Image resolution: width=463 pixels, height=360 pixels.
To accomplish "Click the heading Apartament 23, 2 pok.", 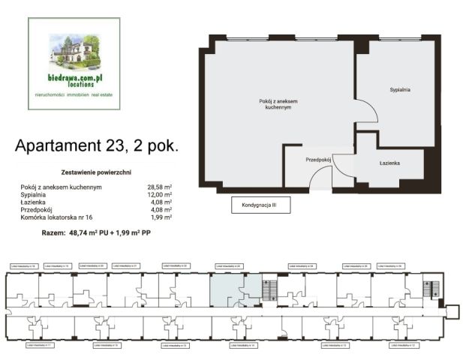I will click(x=97, y=145).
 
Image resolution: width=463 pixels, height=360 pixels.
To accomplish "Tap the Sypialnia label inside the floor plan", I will click(x=399, y=90).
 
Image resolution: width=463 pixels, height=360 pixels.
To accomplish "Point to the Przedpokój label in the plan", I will click(x=319, y=160).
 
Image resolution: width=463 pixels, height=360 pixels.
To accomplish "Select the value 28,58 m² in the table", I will click(x=160, y=187).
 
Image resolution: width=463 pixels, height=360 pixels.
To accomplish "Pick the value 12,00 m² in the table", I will click(x=160, y=194).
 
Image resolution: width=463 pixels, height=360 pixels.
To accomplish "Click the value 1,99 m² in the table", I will click(x=161, y=217).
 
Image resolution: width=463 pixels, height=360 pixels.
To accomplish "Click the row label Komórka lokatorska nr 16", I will click(x=59, y=217).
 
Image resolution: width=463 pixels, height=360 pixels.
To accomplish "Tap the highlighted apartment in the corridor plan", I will click(x=225, y=289).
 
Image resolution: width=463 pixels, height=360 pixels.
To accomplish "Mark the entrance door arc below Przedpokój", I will click(x=320, y=177).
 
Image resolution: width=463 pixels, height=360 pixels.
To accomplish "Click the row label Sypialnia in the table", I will click(x=35, y=194).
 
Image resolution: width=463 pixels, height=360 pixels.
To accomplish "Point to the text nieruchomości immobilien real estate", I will click(x=74, y=95).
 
